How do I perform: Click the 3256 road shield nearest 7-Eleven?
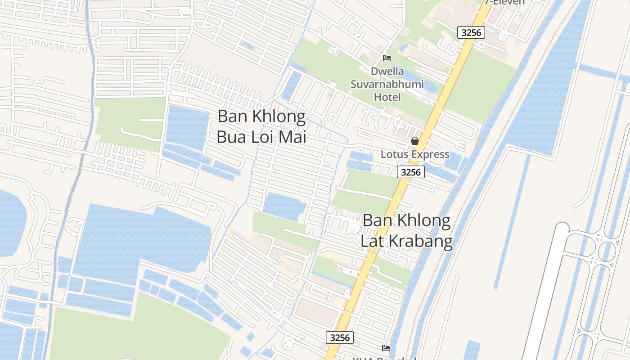[x=471, y=32]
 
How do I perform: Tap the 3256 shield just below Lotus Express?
[x=411, y=172]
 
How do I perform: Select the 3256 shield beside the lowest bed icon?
[x=340, y=337]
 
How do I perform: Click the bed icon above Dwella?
[x=387, y=58]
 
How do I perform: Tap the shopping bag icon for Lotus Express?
[x=414, y=141]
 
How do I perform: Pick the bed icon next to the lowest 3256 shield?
[x=386, y=348]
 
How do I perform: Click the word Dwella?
[x=387, y=72]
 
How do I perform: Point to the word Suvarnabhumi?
[x=387, y=84]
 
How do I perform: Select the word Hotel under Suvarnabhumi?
[x=387, y=97]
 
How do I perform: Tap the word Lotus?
[x=394, y=154]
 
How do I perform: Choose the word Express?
[x=429, y=154]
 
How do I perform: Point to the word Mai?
[x=293, y=136]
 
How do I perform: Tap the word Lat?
[x=372, y=241]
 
